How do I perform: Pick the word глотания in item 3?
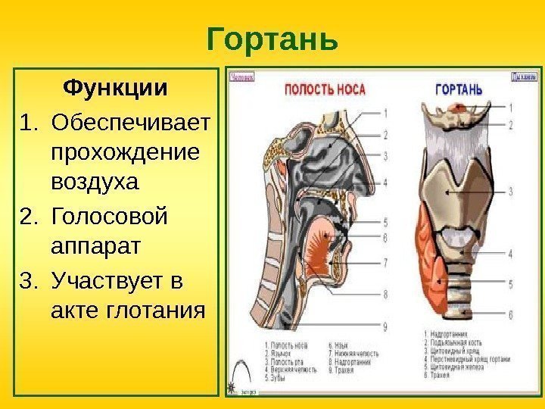[x=155, y=309]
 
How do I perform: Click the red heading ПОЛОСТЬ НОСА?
[x=324, y=89]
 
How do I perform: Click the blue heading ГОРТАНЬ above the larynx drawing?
[x=459, y=89]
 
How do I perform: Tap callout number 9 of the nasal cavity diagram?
[x=386, y=326]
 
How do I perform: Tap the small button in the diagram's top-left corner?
[x=242, y=76]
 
